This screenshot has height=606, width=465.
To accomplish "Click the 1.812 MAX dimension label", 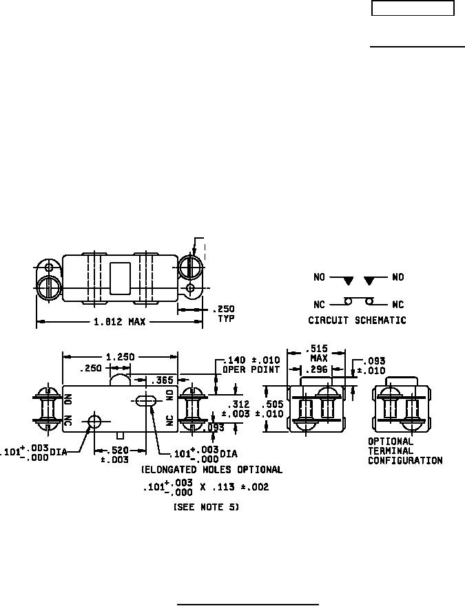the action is tap(120, 321).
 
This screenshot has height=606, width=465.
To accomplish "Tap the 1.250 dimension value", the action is tap(121, 357).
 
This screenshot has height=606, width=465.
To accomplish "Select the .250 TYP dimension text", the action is tap(224, 314).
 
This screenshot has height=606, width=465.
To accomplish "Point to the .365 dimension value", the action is tap(162, 380).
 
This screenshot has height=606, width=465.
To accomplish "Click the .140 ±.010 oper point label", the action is tap(251, 365).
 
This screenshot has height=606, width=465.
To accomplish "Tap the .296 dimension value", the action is tap(316, 370).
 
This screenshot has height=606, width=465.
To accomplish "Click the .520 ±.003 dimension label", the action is tap(115, 455).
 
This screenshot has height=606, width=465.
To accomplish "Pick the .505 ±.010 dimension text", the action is tap(269, 409).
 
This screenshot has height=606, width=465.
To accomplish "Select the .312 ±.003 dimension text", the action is tap(236, 409).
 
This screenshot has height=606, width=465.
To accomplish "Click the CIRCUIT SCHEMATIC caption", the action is tap(357, 321).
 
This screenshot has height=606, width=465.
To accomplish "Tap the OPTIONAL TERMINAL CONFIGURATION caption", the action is tap(405, 451).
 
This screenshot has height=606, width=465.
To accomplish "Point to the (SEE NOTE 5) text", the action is tap(206, 507).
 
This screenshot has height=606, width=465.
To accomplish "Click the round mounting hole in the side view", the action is tap(94, 421).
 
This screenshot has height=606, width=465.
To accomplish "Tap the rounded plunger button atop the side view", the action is tap(120, 380).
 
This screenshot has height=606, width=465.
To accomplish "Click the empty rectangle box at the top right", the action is tap(413, 8).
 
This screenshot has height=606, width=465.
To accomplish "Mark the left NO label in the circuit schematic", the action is tap(319, 277).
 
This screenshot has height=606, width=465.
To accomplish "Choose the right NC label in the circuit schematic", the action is tap(397, 305).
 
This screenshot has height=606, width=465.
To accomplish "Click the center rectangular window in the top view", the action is tap(120, 278).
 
